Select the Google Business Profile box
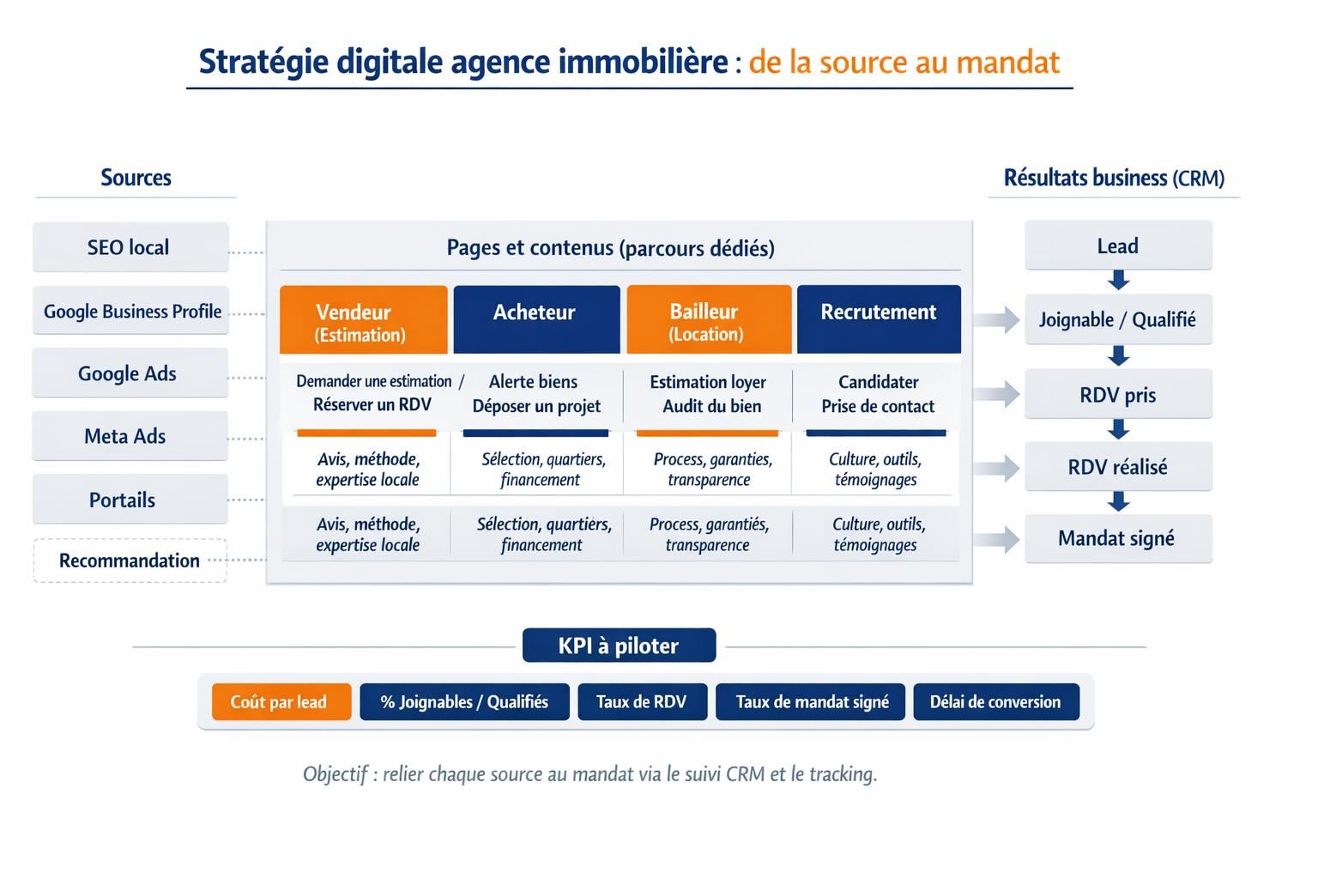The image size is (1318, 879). [x=131, y=311]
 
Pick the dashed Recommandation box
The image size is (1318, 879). [x=130, y=561]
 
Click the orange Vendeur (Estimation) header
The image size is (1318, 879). [x=363, y=320]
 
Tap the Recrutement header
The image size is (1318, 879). [x=879, y=318]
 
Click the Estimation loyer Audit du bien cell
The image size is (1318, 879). [x=709, y=394]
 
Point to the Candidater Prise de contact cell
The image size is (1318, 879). [x=878, y=394]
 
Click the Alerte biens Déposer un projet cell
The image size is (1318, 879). [x=536, y=394]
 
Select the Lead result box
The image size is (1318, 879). [x=1118, y=246]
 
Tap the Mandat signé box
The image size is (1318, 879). [x=1118, y=538]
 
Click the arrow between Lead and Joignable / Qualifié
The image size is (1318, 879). [x=1118, y=280]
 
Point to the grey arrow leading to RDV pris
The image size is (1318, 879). [x=996, y=394]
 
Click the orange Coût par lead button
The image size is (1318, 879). [x=281, y=701]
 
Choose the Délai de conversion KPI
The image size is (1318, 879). [x=995, y=701]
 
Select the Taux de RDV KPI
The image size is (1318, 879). [x=642, y=701]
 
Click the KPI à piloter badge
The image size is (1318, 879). [x=619, y=646]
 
